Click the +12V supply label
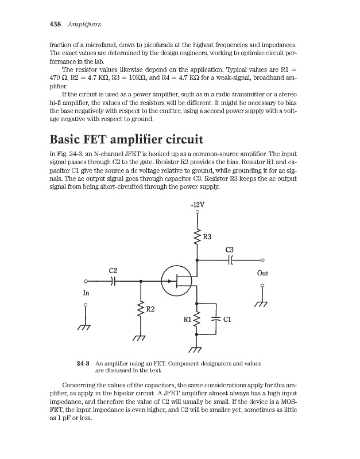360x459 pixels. (x=197, y=204)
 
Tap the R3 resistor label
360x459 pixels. (x=208, y=236)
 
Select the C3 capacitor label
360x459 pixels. (x=230, y=250)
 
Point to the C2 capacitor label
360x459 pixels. (x=113, y=270)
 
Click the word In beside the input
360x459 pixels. (x=86, y=292)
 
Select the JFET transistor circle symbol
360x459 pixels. (x=176, y=281)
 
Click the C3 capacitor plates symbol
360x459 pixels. (x=230, y=260)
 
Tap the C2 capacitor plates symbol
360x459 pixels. (x=113, y=281)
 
